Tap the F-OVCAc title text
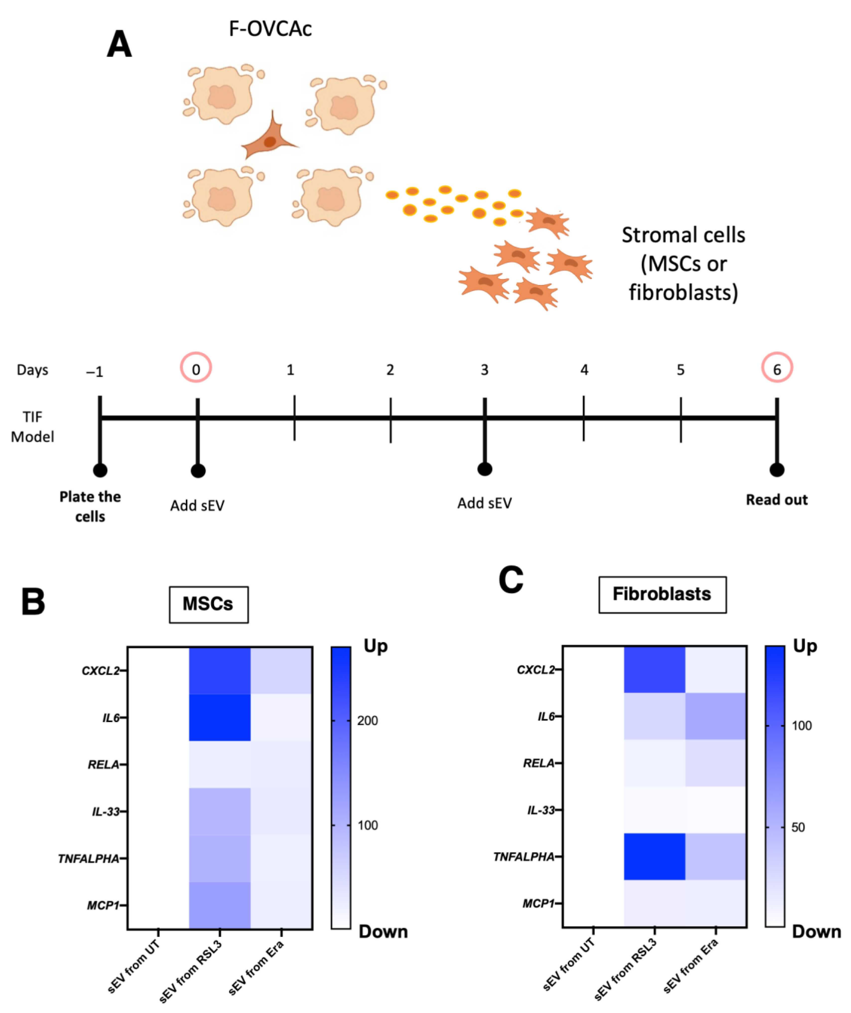tap(270, 29)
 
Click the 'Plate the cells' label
tap(90, 506)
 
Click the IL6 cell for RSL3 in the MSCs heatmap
tap(219, 717)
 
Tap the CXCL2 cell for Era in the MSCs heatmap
tap(281, 670)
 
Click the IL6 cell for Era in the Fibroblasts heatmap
tap(716, 716)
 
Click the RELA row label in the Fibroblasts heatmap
tap(538, 763)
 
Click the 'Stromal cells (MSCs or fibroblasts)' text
tap(683, 263)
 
